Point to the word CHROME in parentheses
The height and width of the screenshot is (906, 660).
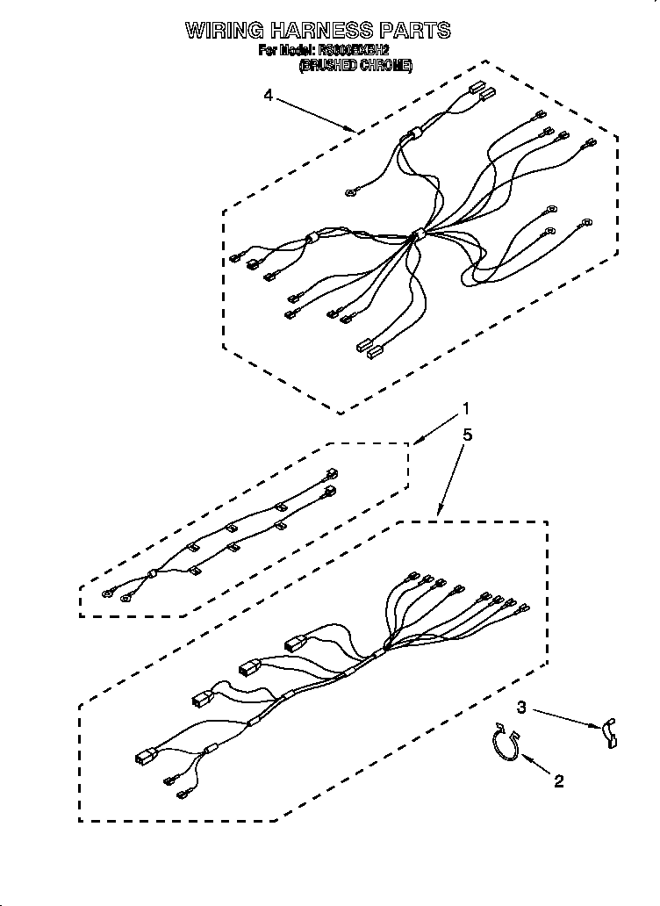[x=384, y=66]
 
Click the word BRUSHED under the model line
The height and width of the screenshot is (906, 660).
[x=326, y=66]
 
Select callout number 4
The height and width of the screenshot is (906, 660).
[x=268, y=95]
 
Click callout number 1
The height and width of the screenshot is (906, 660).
[x=466, y=408]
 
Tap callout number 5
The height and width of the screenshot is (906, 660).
[x=468, y=434]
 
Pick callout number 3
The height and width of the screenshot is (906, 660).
[x=521, y=707]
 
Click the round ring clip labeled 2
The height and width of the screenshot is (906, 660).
[x=504, y=741]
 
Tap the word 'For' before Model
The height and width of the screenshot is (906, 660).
[x=268, y=52]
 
